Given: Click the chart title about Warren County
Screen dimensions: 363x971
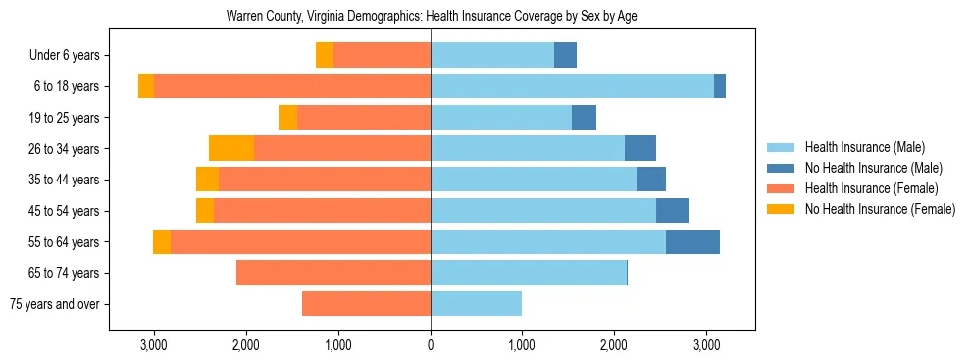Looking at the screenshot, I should pos(432,17).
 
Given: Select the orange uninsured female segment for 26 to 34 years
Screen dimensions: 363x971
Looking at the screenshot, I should pos(231,148).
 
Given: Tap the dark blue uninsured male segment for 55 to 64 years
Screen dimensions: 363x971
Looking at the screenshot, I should pos(692,241).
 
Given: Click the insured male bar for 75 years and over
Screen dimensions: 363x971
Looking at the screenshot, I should pos(476,304).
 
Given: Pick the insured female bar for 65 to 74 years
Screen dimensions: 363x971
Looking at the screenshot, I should pos(333,273).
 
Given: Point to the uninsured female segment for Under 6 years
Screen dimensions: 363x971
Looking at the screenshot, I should pos(325,55).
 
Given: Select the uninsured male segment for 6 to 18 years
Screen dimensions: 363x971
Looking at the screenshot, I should pos(720,86).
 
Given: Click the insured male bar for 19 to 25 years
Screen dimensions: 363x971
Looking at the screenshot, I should pos(501,118).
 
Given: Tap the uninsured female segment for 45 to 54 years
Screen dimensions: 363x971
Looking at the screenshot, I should pos(205,211).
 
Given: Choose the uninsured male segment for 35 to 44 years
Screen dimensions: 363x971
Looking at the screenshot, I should pos(651,180).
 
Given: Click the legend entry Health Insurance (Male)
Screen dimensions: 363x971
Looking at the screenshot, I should pos(864,147).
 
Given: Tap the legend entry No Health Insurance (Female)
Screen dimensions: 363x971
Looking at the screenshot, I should pos(880,209).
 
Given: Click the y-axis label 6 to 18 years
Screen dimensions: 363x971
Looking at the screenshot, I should pos(67,86).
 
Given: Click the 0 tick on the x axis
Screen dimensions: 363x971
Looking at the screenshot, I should pos(431,345).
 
